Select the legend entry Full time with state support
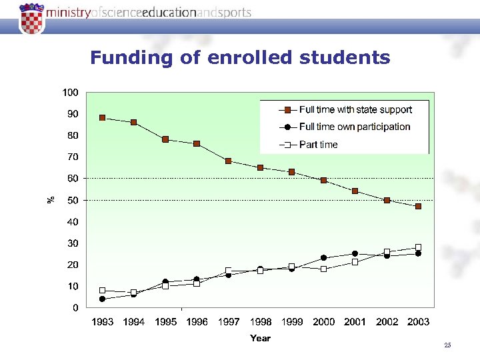click(355, 109)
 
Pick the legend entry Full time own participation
click(354, 127)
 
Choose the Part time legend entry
click(318, 145)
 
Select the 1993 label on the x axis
click(102, 322)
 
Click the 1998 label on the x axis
click(260, 322)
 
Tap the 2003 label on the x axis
click(418, 322)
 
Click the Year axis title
click(260, 339)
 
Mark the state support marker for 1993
click(102, 117)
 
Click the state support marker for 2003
click(418, 207)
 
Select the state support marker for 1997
click(229, 161)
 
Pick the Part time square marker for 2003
click(418, 247)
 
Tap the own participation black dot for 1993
click(102, 299)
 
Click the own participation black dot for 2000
click(323, 258)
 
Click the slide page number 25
click(447, 345)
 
